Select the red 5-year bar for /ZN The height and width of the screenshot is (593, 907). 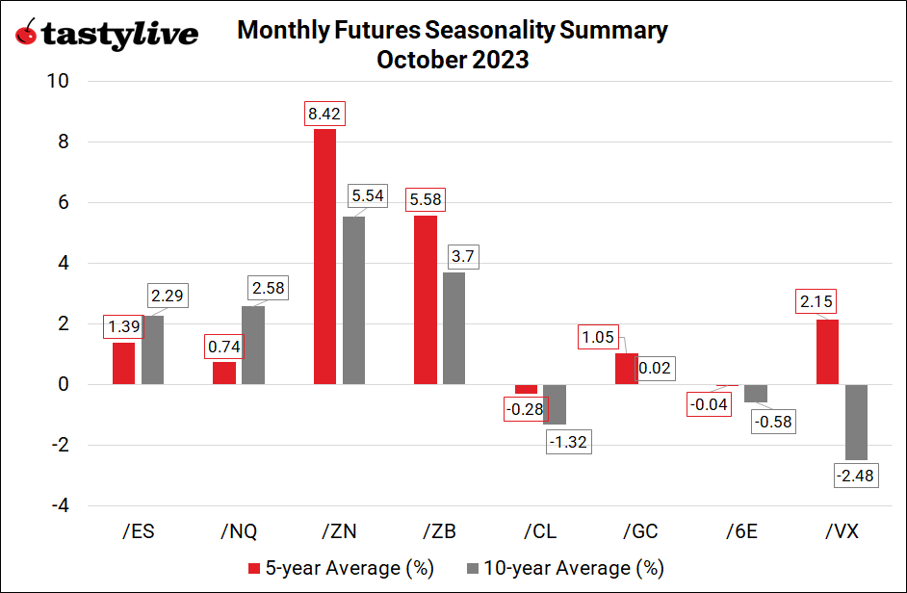pyautogui.click(x=324, y=256)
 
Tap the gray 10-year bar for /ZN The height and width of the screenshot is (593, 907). pyautogui.click(x=353, y=300)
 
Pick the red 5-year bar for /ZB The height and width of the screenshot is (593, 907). pyautogui.click(x=425, y=299)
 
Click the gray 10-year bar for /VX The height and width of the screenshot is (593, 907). pyautogui.click(x=856, y=422)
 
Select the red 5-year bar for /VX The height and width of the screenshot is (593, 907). pyautogui.click(x=827, y=351)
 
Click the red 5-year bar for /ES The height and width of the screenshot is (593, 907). pyautogui.click(x=123, y=363)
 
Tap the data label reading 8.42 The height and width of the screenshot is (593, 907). pyautogui.click(x=324, y=113)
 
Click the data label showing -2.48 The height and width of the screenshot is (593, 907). pyautogui.click(x=856, y=476)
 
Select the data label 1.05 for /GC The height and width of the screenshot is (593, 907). pyautogui.click(x=597, y=337)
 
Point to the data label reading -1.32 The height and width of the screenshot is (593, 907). pyautogui.click(x=568, y=442)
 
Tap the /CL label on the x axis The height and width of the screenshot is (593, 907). pyautogui.click(x=540, y=530)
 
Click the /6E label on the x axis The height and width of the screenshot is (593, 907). pyautogui.click(x=741, y=530)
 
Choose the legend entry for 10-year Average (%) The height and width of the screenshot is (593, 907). pyautogui.click(x=564, y=567)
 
